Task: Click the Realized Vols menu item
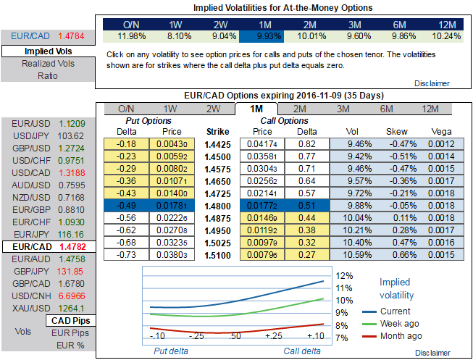(49, 64)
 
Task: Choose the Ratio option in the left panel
(49, 76)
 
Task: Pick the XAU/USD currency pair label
(26, 307)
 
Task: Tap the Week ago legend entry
(400, 324)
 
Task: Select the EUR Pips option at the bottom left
(71, 332)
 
